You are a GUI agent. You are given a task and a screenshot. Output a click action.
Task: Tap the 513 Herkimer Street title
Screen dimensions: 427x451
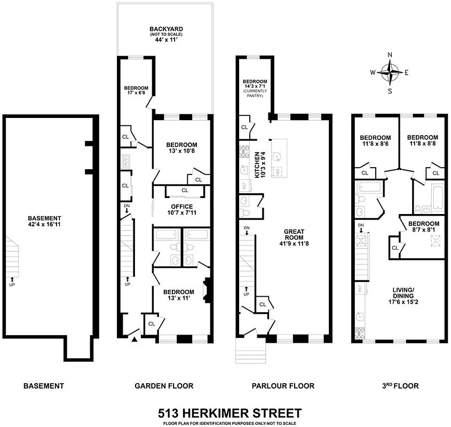230,413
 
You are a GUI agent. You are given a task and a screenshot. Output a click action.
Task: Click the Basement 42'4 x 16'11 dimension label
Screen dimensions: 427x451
46,222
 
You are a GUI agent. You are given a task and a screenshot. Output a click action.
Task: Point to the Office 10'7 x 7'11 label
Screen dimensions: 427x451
181,210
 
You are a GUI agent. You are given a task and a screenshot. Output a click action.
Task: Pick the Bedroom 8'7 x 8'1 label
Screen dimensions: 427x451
424,227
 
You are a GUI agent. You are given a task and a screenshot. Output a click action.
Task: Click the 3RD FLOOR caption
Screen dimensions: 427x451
402,386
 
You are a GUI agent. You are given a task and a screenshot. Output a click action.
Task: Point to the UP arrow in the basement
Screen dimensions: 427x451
12,280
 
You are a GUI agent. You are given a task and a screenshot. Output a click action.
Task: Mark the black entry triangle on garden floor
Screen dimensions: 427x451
134,338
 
